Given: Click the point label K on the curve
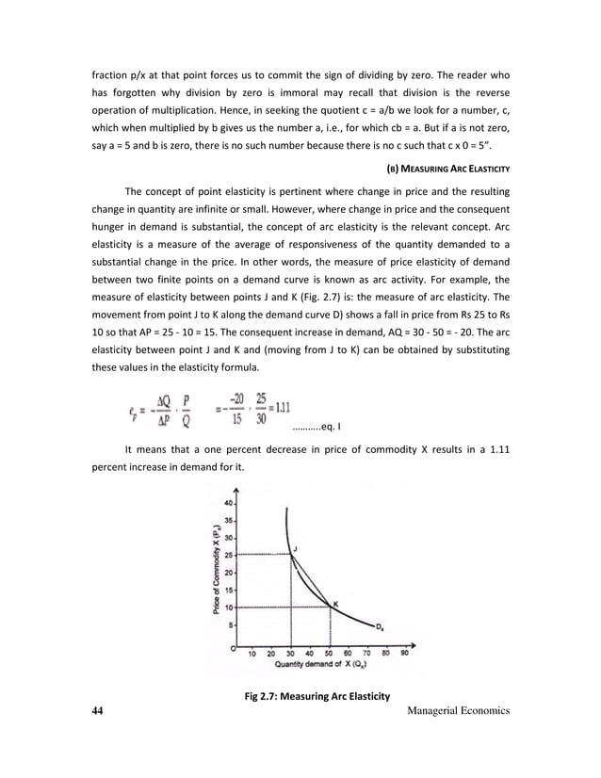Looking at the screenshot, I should click(x=335, y=603).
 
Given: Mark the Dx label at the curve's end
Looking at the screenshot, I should click(x=379, y=627).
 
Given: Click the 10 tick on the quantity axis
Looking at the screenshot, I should click(x=252, y=652).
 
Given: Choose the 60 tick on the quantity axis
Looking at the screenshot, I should click(x=349, y=652).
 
